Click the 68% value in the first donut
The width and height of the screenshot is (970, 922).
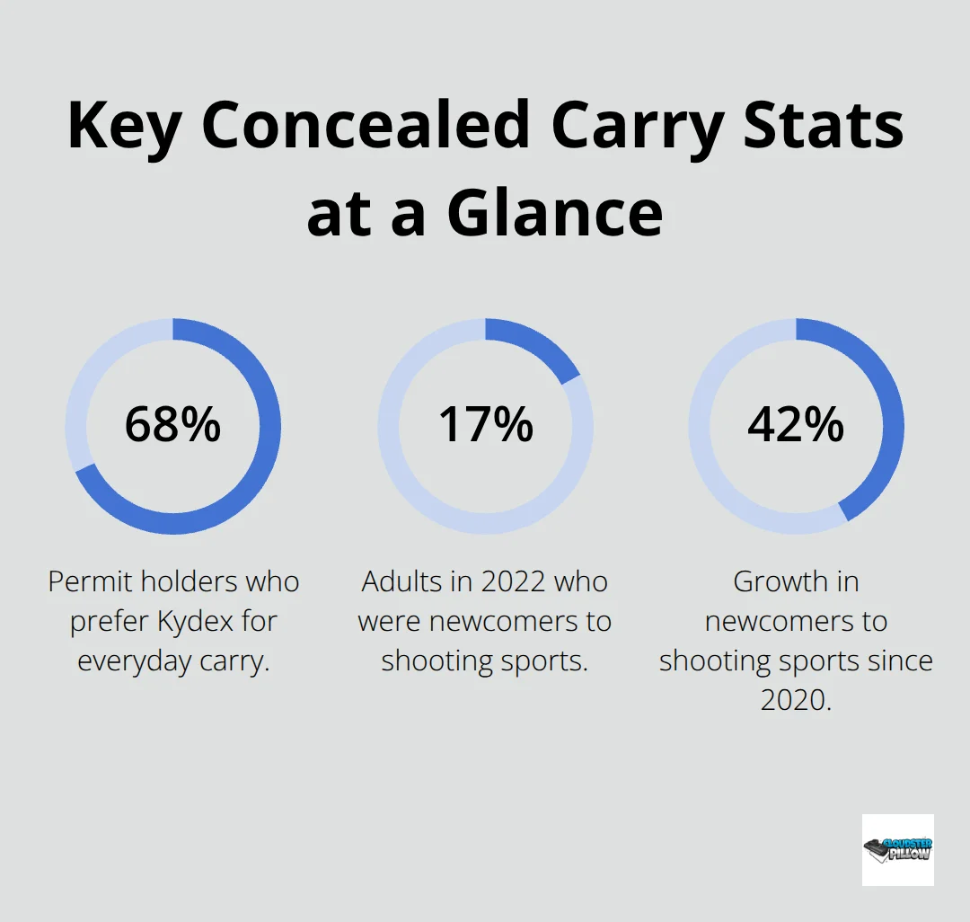click(x=172, y=425)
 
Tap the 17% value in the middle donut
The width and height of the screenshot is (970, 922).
click(x=485, y=425)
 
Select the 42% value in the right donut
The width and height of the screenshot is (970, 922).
click(x=796, y=425)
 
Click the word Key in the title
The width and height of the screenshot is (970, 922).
click(x=121, y=126)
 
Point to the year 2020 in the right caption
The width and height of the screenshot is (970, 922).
click(x=796, y=700)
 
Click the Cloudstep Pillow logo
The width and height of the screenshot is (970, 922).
click(x=897, y=849)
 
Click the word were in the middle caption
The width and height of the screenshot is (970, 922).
click(x=388, y=621)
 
